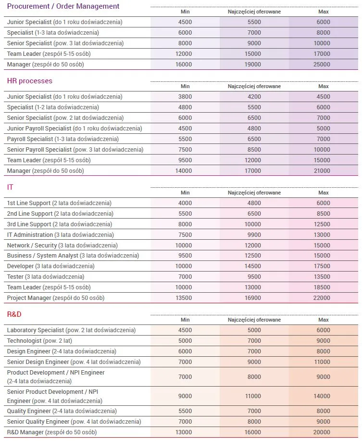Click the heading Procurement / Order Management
pyautogui.click(x=63, y=6)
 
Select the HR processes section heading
pyautogui.click(x=30, y=81)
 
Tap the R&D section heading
pyautogui.click(x=14, y=314)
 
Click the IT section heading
pyautogui.click(x=10, y=187)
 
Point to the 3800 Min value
pyautogui.click(x=185, y=97)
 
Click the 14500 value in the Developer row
pyautogui.click(x=254, y=266)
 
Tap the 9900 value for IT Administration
pyautogui.click(x=254, y=235)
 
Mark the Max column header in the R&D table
pyautogui.click(x=323, y=320)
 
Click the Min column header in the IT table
pyautogui.click(x=185, y=193)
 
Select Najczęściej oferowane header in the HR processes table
pyautogui.click(x=254, y=86)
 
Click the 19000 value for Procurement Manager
pyautogui.click(x=254, y=65)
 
